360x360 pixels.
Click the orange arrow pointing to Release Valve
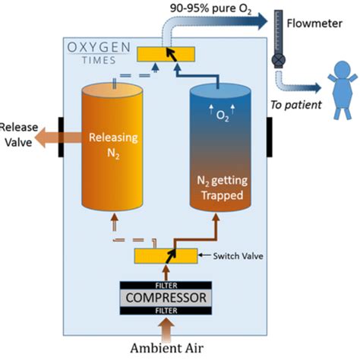tap(57, 136)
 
